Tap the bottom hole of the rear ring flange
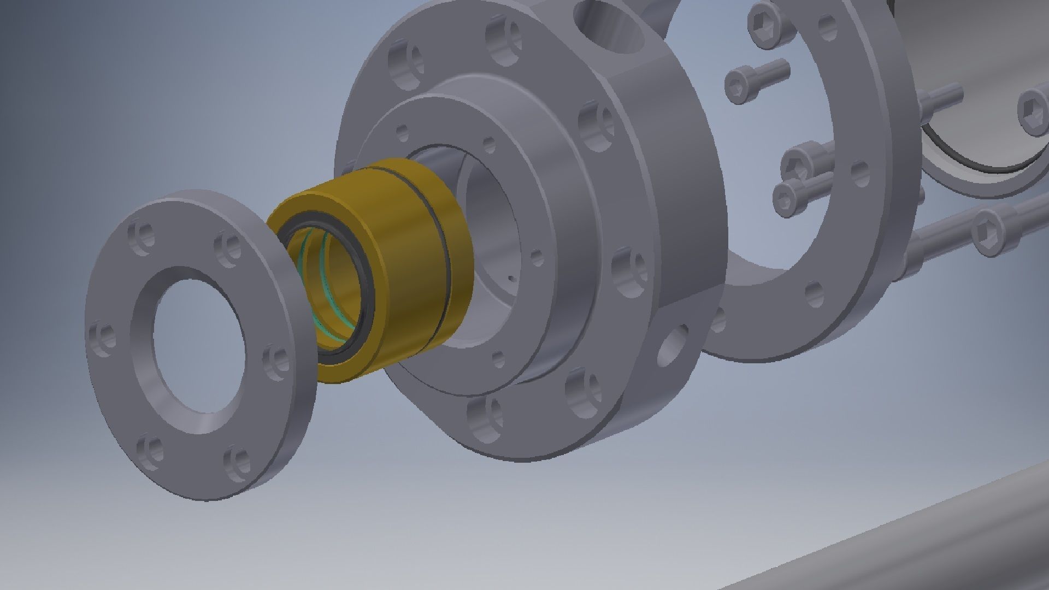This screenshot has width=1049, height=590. [x=814, y=292]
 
